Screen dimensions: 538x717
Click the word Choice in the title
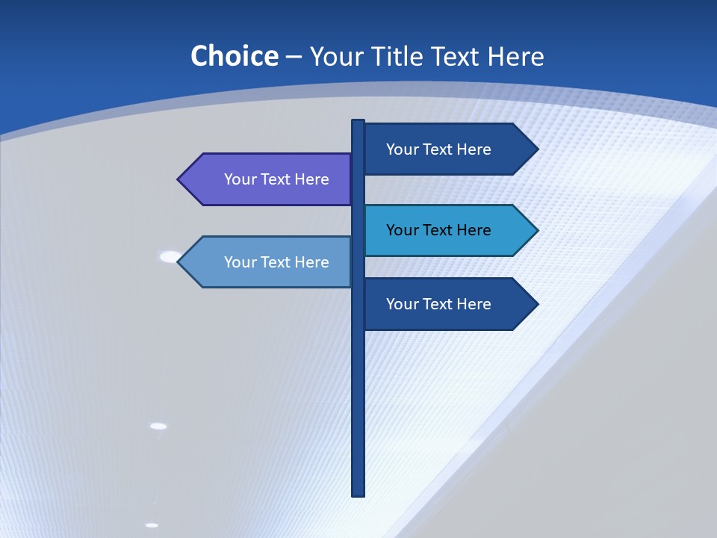(x=234, y=57)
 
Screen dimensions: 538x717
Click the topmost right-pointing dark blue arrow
(x=444, y=149)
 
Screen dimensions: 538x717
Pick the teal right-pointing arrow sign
(x=444, y=230)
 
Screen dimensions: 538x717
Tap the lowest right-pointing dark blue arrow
(x=444, y=304)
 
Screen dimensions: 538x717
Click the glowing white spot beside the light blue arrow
(x=170, y=257)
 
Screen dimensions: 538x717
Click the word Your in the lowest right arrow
(x=402, y=304)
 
